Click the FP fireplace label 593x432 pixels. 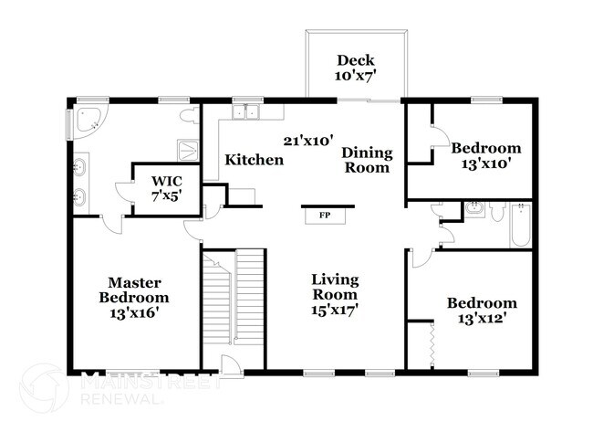coord(323,216)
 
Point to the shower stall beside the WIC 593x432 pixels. coord(188,148)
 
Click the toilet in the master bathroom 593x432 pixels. coord(189,117)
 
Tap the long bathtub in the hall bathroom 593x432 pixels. coord(520,225)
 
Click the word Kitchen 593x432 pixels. coord(255,160)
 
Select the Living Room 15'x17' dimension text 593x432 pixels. coord(335,310)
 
